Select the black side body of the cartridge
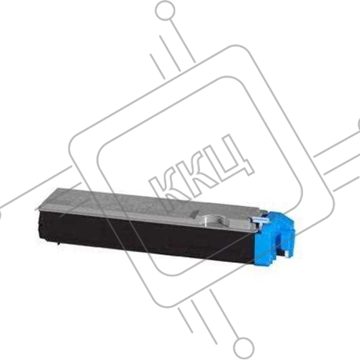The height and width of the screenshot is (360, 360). (x=144, y=238)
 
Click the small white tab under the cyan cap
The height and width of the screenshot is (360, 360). (x=285, y=253)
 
